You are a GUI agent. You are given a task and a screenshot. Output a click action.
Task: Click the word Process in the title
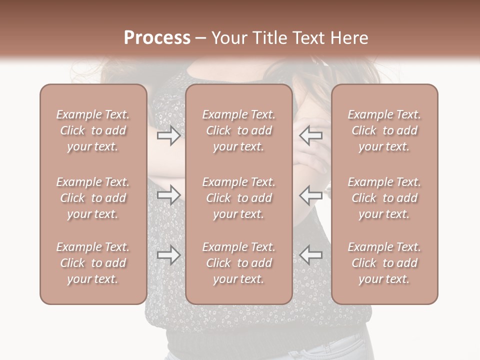point(157,38)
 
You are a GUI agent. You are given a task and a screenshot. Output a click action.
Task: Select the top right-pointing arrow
point(168,135)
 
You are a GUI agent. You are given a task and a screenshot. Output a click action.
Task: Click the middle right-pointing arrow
point(168,195)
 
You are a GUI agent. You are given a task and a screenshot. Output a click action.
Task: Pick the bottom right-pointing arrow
point(168,255)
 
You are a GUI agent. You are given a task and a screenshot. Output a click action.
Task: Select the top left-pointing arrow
point(311,135)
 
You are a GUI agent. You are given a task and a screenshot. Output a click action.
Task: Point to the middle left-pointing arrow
point(311,195)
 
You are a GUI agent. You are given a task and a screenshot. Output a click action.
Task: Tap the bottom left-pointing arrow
point(311,255)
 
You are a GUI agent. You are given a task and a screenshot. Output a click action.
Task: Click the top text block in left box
point(93,130)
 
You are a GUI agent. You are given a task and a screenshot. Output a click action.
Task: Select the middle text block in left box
point(93,198)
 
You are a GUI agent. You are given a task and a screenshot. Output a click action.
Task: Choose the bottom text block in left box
point(93,263)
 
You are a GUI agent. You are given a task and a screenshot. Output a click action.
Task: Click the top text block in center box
point(239,130)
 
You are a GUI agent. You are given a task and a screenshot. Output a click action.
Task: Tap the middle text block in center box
point(239,198)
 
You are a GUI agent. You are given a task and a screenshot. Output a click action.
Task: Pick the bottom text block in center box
point(239,263)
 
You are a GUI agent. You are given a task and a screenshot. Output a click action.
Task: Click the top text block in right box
point(384,130)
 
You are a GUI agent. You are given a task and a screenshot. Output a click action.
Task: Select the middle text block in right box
point(384,198)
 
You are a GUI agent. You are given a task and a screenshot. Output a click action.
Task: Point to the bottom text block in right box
point(384,263)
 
